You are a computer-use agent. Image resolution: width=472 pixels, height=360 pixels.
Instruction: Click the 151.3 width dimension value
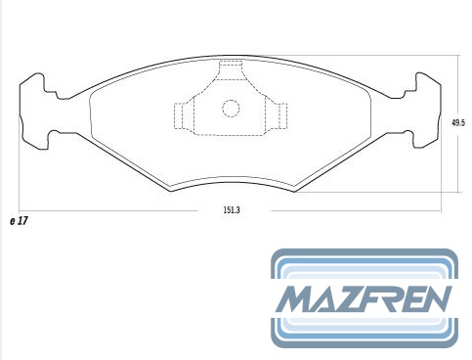tap(232, 210)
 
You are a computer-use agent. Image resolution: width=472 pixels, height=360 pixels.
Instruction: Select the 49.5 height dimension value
tap(458, 123)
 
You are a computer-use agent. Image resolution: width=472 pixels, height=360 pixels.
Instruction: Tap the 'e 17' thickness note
tap(19, 221)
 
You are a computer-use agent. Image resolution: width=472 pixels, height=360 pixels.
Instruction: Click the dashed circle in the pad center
tap(231, 108)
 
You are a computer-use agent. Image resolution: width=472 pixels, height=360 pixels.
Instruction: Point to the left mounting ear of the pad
tap(32, 111)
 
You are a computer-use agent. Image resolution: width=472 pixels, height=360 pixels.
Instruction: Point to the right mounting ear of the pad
tap(427, 111)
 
